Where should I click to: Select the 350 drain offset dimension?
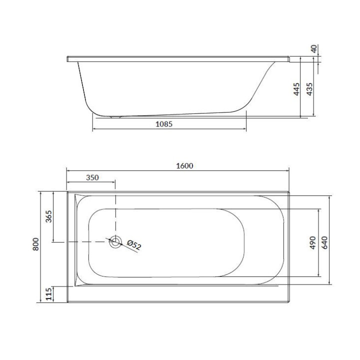tap(92, 177)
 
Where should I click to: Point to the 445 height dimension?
tap(296, 89)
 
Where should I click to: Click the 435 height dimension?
tap(309, 89)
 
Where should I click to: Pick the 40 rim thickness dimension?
tap(313, 49)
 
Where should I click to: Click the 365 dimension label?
tap(49, 217)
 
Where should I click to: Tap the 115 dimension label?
tap(49, 294)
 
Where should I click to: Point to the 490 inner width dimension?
tap(312, 243)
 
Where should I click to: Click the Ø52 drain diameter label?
tap(134, 245)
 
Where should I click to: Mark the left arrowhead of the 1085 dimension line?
tap(94, 130)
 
